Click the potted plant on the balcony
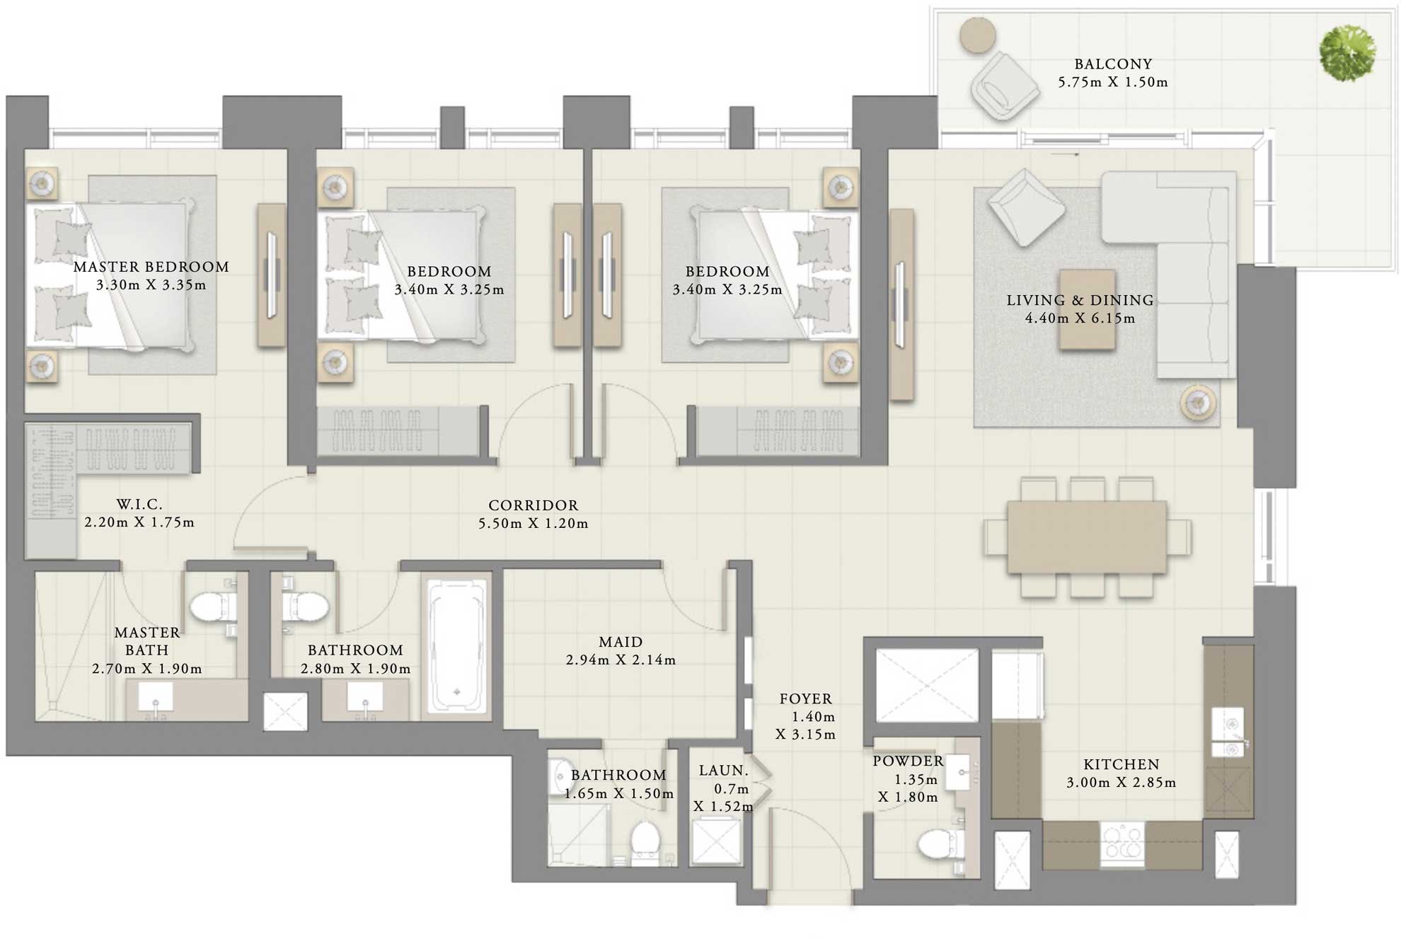(x=1347, y=53)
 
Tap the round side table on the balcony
(x=978, y=35)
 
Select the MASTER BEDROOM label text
(x=151, y=267)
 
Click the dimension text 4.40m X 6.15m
(x=1080, y=318)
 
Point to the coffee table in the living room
(x=1087, y=309)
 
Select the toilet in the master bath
(x=213, y=607)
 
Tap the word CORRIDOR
(x=533, y=505)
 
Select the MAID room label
(x=621, y=642)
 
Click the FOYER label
(x=805, y=699)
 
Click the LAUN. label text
(x=723, y=771)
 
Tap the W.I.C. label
(x=139, y=505)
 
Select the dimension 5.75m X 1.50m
(x=1112, y=82)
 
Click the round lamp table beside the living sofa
(x=1198, y=403)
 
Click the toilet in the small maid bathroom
(x=645, y=840)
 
